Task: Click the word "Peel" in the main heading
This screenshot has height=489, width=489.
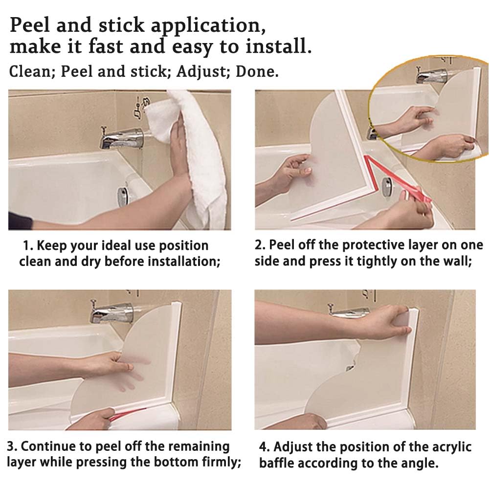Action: coord(30,25)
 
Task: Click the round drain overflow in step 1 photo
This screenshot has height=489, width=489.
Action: coord(123,196)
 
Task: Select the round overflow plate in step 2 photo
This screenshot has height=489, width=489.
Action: coord(387,187)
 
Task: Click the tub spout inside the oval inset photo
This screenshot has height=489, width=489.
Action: coord(430,76)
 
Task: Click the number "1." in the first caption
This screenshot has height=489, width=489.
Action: coord(28,245)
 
